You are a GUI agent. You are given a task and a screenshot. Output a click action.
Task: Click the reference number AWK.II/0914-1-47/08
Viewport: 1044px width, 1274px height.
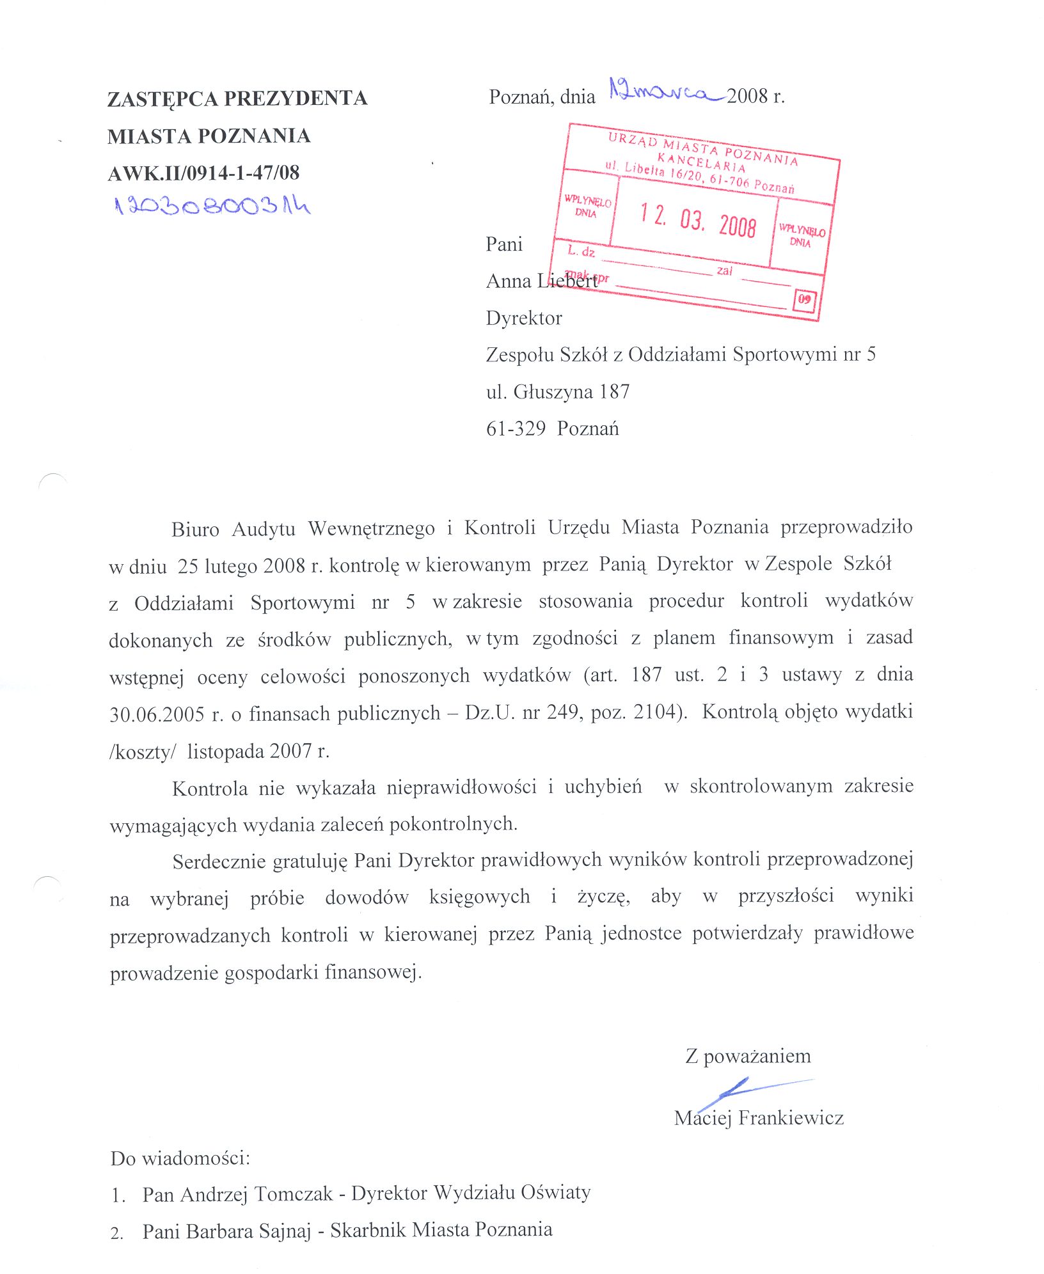coord(203,173)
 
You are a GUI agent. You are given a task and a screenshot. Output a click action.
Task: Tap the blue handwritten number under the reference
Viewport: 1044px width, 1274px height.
coord(212,206)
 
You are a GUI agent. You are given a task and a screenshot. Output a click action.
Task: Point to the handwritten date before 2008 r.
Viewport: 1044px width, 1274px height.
coord(666,92)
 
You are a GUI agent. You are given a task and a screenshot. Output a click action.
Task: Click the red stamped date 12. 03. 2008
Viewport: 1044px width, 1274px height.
coord(698,221)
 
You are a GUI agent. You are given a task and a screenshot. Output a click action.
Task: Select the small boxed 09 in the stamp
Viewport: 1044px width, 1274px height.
coord(804,299)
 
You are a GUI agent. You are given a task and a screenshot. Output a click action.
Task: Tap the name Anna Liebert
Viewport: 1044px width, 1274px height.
coord(541,281)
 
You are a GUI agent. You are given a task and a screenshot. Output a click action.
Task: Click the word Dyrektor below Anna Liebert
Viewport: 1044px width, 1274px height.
coord(524,318)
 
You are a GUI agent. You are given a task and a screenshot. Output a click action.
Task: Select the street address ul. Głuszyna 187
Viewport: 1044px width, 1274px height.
coord(558,391)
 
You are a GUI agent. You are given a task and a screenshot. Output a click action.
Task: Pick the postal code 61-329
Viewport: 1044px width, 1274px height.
coord(516,429)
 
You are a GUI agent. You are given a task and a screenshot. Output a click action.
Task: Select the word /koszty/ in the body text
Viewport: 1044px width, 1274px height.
coord(142,751)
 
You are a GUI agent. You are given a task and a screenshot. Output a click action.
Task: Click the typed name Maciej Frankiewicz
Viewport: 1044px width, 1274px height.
coord(759,1117)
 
